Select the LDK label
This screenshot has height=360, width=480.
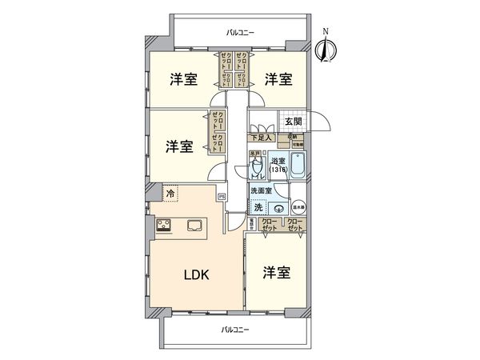197,276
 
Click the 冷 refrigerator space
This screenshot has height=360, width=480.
170,193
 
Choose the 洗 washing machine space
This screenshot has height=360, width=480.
258,207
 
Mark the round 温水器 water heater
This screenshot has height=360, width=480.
297,206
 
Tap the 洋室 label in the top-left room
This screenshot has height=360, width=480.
183,79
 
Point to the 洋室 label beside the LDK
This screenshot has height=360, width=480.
277,272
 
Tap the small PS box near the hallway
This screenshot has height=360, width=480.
221,194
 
